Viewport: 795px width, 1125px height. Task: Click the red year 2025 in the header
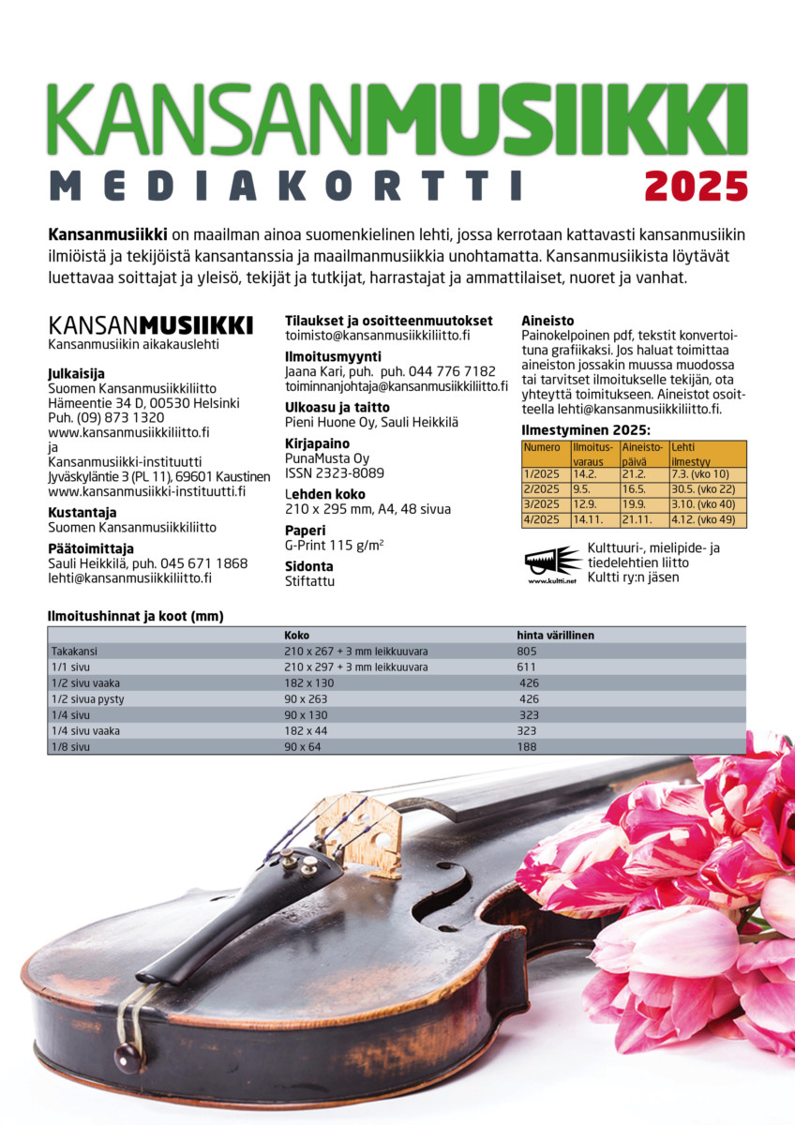pos(696,184)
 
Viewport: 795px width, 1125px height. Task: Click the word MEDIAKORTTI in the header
pos(285,185)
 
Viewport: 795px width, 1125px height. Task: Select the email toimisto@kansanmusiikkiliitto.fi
pos(377,335)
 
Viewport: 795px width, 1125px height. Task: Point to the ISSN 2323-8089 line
pos(334,473)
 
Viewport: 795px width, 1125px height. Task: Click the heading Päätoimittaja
pos(91,548)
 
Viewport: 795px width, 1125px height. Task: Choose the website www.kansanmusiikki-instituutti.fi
pos(146,491)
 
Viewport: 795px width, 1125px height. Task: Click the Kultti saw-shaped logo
pos(552,562)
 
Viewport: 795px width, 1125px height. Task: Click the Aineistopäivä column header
pos(642,454)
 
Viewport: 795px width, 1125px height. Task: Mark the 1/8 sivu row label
pos(71,746)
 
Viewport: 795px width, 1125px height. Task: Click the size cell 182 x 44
pos(307,730)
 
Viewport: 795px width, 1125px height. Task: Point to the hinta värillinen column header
pos(555,635)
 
